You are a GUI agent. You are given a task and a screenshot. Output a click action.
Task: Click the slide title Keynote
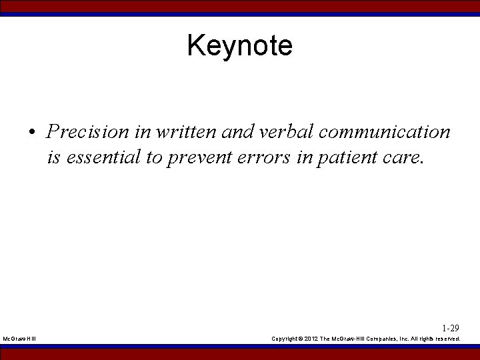click(x=239, y=46)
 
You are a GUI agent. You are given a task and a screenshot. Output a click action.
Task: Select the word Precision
click(x=89, y=131)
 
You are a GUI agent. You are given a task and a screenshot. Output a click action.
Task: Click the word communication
click(x=385, y=131)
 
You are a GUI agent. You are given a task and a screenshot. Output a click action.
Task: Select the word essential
click(x=97, y=158)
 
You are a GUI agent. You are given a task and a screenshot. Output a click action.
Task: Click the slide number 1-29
click(x=451, y=328)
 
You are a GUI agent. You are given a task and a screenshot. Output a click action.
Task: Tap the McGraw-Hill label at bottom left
click(x=19, y=339)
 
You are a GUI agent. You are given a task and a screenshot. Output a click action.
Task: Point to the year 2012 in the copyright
click(x=311, y=339)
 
